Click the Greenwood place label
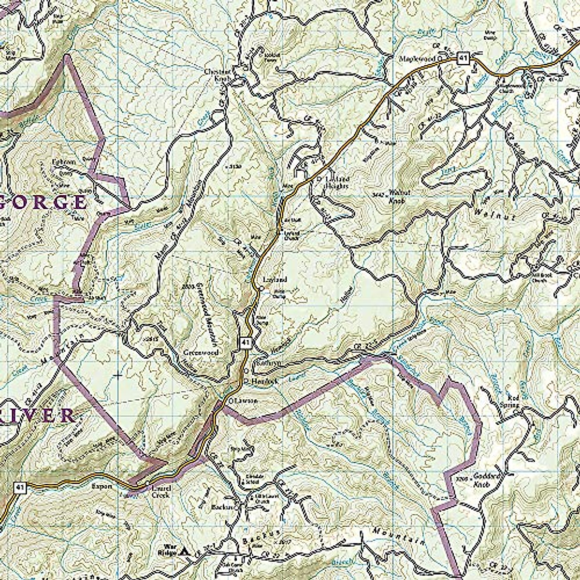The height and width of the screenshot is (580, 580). (x=201, y=353)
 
